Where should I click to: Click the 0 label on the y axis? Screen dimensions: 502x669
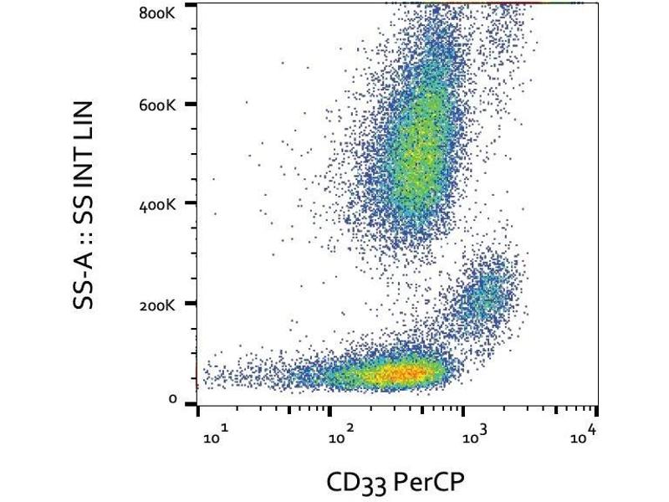tap(172, 400)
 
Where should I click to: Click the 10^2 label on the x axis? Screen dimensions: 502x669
tap(343, 437)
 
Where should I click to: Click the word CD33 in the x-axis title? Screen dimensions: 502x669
tap(351, 481)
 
